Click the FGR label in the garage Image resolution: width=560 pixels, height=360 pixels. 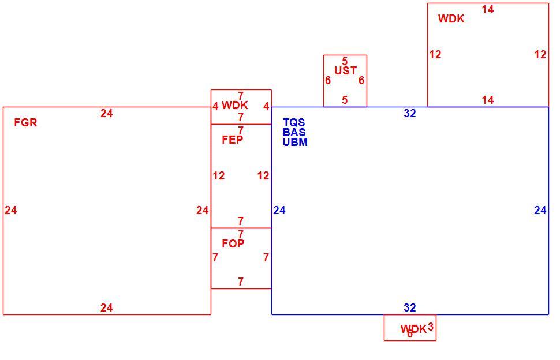25,122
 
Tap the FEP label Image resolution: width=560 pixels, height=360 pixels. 233,140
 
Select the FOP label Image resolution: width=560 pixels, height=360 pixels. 233,243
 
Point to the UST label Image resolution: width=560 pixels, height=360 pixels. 345,70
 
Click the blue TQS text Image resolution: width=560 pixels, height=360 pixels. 294,123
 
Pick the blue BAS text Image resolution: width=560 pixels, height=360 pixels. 294,132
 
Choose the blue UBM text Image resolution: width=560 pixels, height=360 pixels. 295,142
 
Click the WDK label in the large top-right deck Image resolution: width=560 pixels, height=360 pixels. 451,18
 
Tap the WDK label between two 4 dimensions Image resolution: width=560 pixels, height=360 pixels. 234,105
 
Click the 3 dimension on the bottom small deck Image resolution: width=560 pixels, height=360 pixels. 430,327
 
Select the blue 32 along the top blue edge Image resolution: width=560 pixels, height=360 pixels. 410,113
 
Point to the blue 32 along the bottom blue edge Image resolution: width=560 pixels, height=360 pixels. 410,307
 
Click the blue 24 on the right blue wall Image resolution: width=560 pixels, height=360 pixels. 540,211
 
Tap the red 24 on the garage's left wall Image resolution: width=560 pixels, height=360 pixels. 11,211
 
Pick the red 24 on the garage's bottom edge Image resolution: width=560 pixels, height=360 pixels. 106,307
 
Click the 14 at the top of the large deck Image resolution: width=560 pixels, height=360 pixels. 487,10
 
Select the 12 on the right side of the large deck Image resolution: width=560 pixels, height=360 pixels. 540,55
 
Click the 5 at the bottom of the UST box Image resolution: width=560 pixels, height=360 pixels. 345,100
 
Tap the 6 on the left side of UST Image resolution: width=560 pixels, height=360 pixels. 328,81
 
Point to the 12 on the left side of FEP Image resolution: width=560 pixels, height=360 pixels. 219,175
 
